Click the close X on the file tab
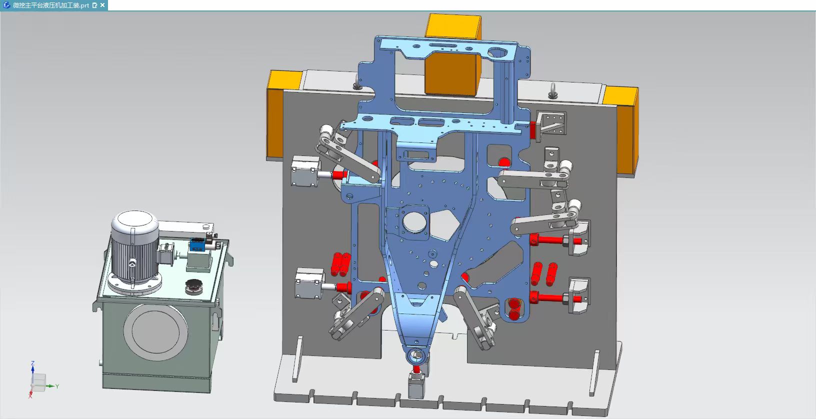[102, 5]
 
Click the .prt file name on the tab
[51, 5]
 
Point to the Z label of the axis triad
[33, 363]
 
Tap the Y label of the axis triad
[57, 386]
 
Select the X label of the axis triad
[30, 396]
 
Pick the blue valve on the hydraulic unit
[196, 244]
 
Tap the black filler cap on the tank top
[194, 287]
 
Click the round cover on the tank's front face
[155, 332]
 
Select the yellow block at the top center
[452, 54]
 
